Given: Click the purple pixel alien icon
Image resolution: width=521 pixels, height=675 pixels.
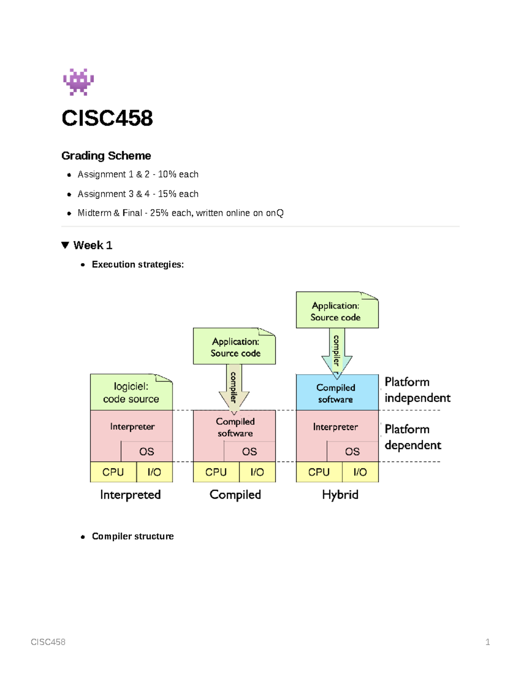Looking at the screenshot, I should tap(78, 82).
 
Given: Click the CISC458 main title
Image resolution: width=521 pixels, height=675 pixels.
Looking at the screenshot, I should tap(107, 118).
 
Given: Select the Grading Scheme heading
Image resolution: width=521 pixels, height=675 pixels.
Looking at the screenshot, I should tap(106, 156).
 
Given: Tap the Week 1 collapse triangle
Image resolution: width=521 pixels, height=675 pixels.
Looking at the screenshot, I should tap(65, 245).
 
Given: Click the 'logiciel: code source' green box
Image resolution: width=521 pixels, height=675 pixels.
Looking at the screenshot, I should tap(131, 392).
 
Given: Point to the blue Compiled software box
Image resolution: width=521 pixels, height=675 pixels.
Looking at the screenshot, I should tap(336, 392).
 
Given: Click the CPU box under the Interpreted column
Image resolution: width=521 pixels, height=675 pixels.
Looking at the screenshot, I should tap(113, 472).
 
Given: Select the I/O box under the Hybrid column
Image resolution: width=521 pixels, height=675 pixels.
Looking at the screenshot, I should tap(360, 472).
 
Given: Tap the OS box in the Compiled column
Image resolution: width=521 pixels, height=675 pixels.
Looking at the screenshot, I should tap(249, 452).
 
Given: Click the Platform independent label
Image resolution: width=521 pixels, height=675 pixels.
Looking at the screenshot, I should tap(417, 390).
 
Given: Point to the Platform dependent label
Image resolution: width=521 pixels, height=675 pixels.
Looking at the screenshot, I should tap(412, 437).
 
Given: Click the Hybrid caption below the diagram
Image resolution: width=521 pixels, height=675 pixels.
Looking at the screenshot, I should tap(340, 495).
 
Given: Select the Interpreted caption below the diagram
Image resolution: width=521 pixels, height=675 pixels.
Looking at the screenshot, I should tap(130, 495).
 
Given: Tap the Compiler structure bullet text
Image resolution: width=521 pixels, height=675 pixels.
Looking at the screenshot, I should tap(132, 536).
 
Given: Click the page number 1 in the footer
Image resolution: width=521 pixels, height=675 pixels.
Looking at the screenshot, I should tap(488, 642).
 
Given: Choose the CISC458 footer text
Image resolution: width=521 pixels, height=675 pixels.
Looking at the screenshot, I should tap(48, 642).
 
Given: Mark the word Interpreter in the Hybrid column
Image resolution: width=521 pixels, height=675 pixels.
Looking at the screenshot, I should tap(335, 427).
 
